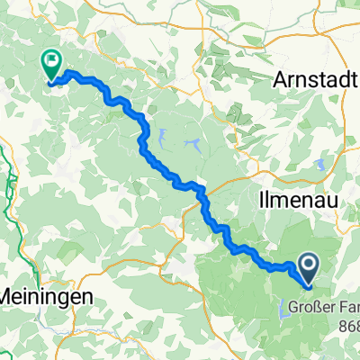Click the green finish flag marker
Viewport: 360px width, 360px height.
pyautogui.click(x=50, y=65)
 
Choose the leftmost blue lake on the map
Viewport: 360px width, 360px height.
pyautogui.click(x=162, y=138)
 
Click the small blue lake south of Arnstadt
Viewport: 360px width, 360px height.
pyautogui.click(x=319, y=163)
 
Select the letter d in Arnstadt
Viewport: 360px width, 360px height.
pyautogui.click(x=343, y=79)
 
